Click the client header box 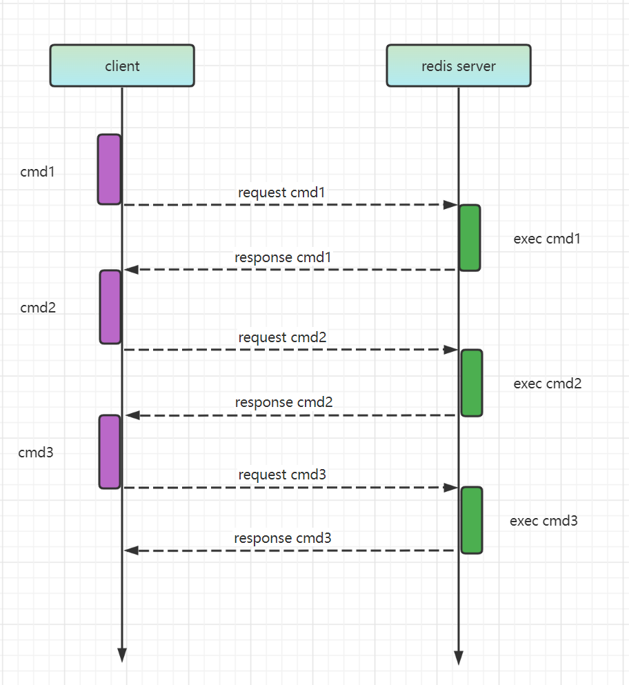pos(122,66)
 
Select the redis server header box pos(459,66)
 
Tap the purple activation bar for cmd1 pos(109,170)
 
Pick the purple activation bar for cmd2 pos(110,307)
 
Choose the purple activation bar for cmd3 pos(110,452)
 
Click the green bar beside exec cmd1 pos(470,238)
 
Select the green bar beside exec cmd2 pos(472,383)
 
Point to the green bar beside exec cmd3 pos(472,520)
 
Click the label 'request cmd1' pos(281,192)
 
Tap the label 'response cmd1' pos(283,257)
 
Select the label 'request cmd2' pos(282,337)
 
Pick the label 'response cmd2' pos(284,402)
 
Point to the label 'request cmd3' pos(282,475)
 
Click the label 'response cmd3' pos(283,538)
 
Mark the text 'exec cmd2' pos(548,384)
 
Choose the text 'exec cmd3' pos(543,521)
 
